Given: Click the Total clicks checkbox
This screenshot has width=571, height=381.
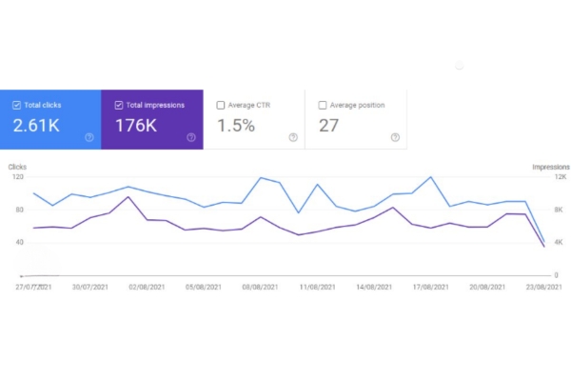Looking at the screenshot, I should point(17,105).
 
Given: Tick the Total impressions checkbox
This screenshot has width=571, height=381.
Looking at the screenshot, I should point(118,105).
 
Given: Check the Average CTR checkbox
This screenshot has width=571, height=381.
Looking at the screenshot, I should point(221,105).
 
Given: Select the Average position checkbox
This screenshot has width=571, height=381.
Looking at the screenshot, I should point(323,105).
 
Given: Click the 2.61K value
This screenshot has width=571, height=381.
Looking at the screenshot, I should point(36,126).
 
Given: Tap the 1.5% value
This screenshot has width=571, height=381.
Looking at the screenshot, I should point(235,126).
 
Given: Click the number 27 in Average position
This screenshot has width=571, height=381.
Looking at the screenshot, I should point(328,126).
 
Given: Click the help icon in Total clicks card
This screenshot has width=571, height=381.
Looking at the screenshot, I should point(89,137).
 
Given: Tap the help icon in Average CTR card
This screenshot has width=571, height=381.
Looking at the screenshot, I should point(292,137).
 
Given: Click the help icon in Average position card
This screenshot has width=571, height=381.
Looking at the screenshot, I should point(394,137).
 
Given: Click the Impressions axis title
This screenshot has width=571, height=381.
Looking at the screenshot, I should point(550,167).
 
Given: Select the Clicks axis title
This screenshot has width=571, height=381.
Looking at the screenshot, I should point(17,167).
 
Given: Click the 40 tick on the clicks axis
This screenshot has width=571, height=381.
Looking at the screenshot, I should point(19,242).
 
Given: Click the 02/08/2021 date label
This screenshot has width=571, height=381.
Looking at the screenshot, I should point(148,286).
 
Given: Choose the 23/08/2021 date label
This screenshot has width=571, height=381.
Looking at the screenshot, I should point(542,286).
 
